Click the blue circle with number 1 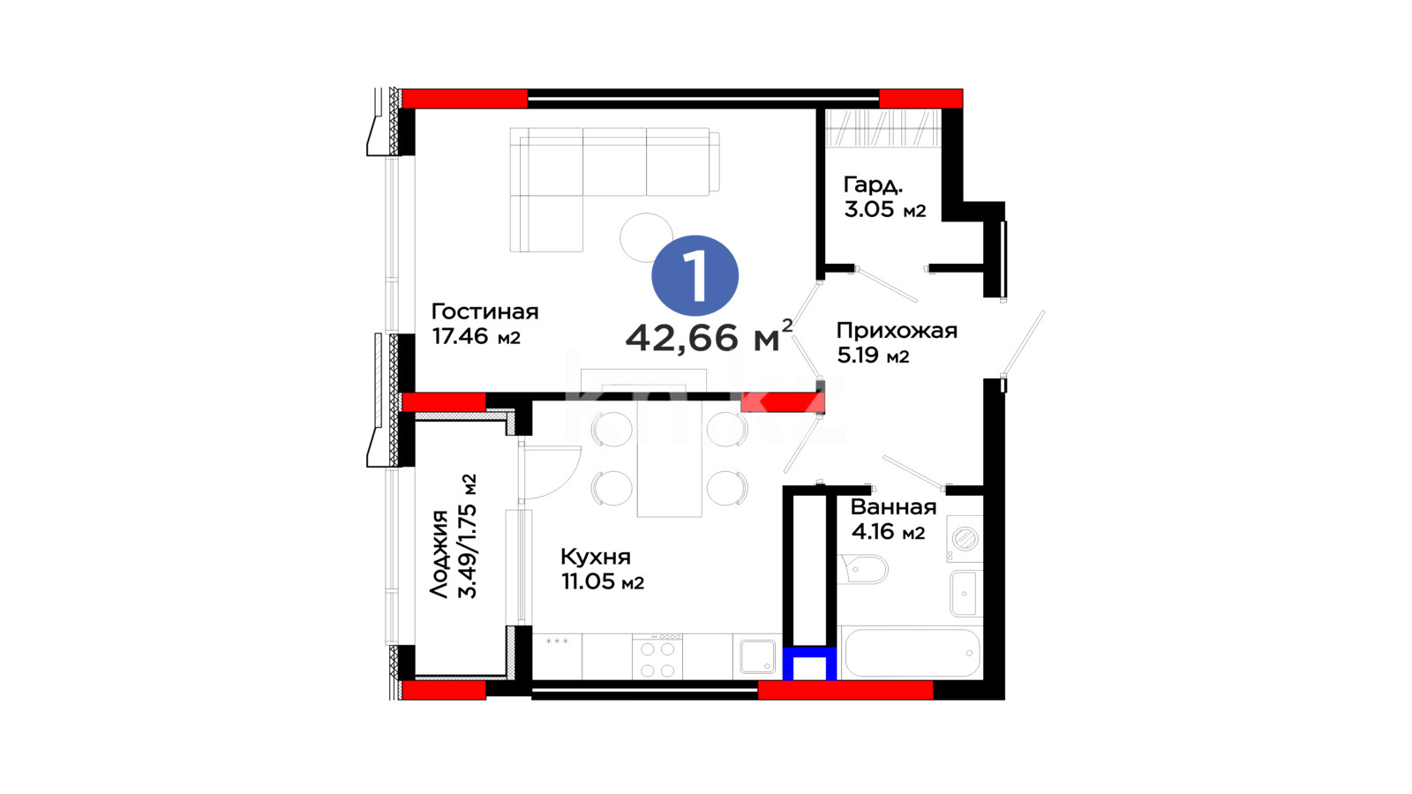point(695,275)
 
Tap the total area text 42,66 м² point(710,335)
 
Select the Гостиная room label point(484,311)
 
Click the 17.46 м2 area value point(476,336)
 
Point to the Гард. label point(873,185)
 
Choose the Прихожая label point(897,331)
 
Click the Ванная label point(893,506)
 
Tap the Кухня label point(595,557)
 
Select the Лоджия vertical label point(439,553)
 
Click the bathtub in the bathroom point(912,653)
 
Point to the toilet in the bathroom point(863,570)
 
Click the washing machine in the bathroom point(964,539)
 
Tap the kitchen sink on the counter point(757,656)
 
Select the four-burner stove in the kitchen point(657,656)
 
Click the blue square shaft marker point(809,664)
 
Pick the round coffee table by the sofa point(646,237)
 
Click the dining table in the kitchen point(670,458)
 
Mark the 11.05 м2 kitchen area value point(603,582)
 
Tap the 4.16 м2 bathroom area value point(888,532)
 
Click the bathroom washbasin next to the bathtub point(965,593)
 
